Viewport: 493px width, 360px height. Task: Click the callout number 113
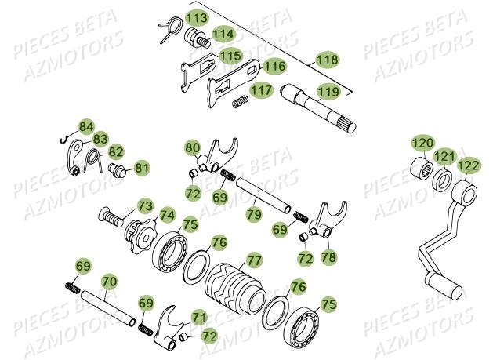[197, 18]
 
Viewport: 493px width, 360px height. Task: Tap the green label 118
[327, 60]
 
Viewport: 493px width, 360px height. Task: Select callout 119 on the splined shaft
[327, 92]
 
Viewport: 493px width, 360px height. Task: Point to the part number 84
[85, 126]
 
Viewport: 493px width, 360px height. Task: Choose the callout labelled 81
[141, 167]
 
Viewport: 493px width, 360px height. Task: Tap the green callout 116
[274, 67]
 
